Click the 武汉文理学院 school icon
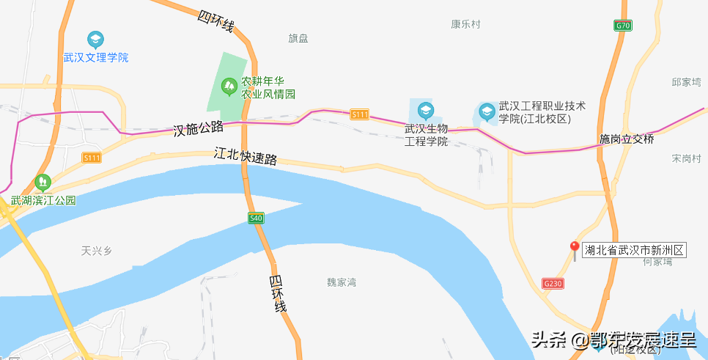[x=95, y=39]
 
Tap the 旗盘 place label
[x=298, y=38]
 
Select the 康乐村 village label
[x=465, y=24]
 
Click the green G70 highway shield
[x=622, y=26]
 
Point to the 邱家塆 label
[x=687, y=82]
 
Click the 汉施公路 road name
[x=199, y=128]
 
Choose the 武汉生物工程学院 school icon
[x=425, y=111]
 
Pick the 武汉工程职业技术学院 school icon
[x=486, y=112]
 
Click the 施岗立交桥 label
[x=626, y=139]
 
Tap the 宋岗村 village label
[x=687, y=158]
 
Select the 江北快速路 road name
[x=246, y=156]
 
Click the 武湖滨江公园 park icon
[x=43, y=181]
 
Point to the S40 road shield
[x=256, y=218]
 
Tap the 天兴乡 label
[x=97, y=251]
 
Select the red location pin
[x=575, y=248]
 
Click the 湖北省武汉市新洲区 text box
[x=635, y=251]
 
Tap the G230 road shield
[x=553, y=283]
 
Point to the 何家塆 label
[x=657, y=262]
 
